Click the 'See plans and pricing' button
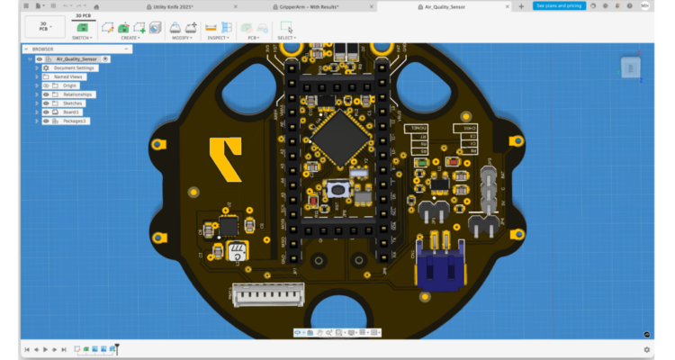click(x=558, y=5)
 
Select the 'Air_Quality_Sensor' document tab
click(x=445, y=6)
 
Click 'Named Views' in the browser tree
click(x=67, y=76)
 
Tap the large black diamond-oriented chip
click(x=335, y=138)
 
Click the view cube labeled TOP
click(x=631, y=67)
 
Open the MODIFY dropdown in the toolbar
click(x=180, y=38)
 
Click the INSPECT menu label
click(x=216, y=38)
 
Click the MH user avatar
click(x=644, y=5)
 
